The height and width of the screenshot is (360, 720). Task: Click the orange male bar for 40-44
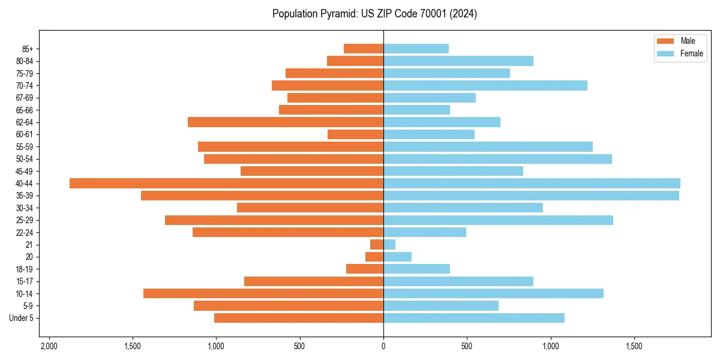click(x=226, y=184)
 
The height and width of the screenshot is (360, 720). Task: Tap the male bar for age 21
click(x=377, y=245)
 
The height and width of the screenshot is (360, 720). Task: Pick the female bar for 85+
click(x=416, y=49)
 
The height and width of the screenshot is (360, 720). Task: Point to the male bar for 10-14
click(x=263, y=293)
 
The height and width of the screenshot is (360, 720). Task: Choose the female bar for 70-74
click(x=485, y=86)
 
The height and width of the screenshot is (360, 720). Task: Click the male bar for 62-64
click(x=286, y=122)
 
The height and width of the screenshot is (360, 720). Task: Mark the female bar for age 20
click(x=397, y=257)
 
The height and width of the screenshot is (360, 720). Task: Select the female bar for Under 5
click(x=474, y=318)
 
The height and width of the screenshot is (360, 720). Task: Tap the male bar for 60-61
click(x=355, y=134)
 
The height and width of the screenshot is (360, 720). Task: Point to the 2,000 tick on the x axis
click(x=49, y=347)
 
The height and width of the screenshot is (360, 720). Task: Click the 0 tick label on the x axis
click(x=383, y=347)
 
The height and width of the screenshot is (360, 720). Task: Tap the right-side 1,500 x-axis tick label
click(x=634, y=347)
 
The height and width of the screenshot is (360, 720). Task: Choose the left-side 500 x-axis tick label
click(x=299, y=347)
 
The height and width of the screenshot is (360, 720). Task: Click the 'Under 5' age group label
click(x=21, y=318)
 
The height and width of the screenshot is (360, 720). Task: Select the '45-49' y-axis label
click(x=25, y=171)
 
